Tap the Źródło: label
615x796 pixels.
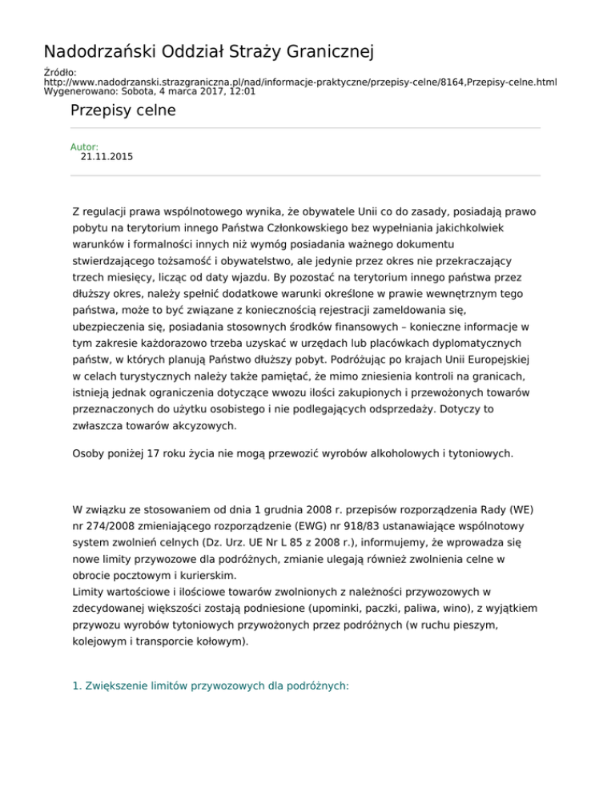click(x=60, y=72)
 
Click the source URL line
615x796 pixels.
click(x=300, y=82)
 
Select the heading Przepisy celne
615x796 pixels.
click(x=123, y=111)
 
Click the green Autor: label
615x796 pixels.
click(x=85, y=147)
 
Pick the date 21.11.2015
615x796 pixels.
click(x=107, y=158)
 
